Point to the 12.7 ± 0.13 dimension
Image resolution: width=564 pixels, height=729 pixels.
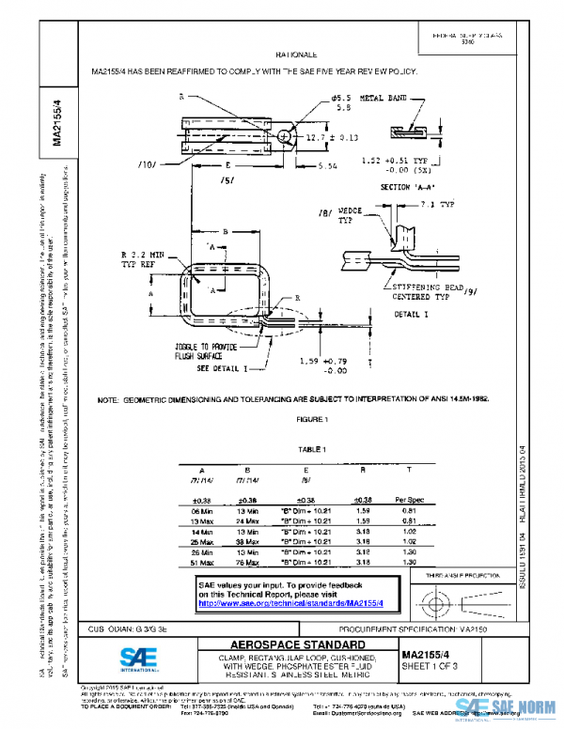[x=333, y=137]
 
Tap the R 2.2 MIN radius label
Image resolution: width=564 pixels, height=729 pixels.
[x=142, y=255]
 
